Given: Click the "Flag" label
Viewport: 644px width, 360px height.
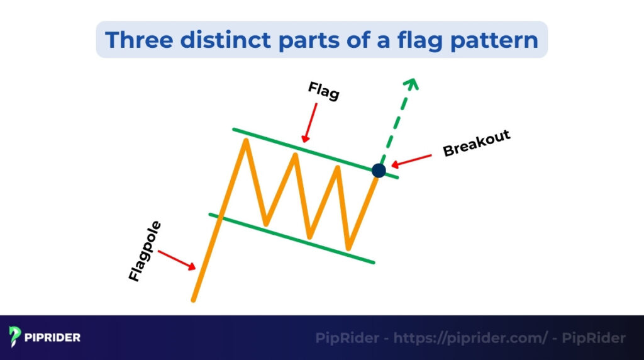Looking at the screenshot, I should click(x=324, y=91).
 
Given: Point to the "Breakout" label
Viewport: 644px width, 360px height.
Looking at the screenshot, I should click(x=476, y=143).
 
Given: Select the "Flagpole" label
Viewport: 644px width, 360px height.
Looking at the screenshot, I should click(x=145, y=250).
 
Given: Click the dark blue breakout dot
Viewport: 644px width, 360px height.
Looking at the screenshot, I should click(x=379, y=170).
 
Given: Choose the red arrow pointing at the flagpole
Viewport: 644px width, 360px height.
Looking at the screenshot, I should click(x=177, y=260).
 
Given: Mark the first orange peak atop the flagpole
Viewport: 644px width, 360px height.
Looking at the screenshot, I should click(x=245, y=140).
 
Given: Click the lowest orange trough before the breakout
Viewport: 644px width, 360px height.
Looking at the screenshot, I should click(x=348, y=248).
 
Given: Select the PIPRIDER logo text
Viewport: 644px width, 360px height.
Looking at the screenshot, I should click(x=53, y=338).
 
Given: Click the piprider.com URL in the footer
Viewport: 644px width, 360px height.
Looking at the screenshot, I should click(x=470, y=338).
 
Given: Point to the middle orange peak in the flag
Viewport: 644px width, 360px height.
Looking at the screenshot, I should click(x=294, y=154).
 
